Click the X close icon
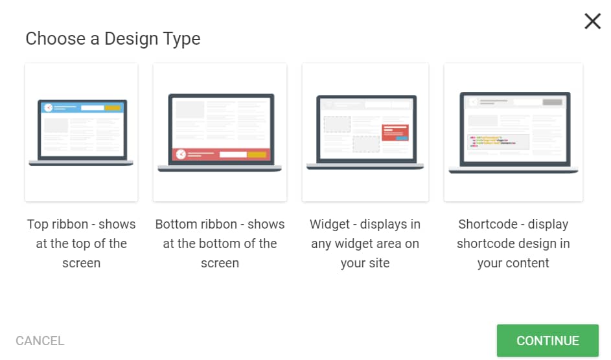pos(592,21)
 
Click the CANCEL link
pos(40,341)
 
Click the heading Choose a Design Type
pos(113,39)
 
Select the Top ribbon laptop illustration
pos(81,132)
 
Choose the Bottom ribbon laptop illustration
pos(220,132)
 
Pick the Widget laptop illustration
pos(365,132)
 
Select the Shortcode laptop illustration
pos(513,132)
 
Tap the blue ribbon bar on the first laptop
pos(82,107)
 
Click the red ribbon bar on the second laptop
pos(221,155)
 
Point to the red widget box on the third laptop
pos(395,132)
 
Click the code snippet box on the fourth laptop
pos(498,142)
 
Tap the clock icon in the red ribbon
pos(181,155)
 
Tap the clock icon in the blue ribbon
pos(49,107)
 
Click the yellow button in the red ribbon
pos(257,155)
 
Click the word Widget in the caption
pos(330,225)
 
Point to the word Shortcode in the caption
pos(488,224)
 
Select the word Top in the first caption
pos(38,225)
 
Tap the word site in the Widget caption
pos(379,263)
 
